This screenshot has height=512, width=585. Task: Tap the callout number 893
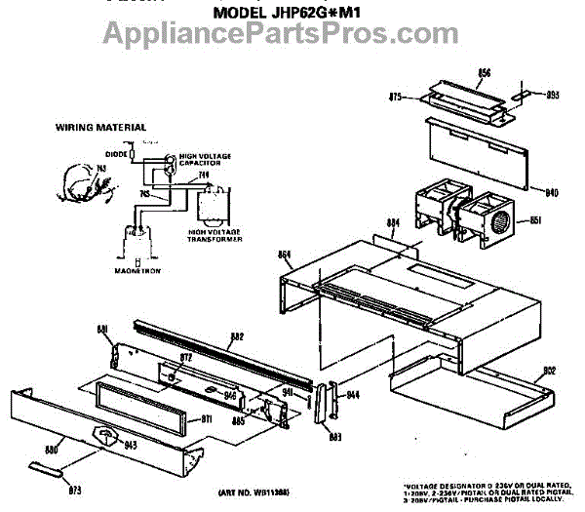[551, 96]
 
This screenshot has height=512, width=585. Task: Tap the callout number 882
[236, 337]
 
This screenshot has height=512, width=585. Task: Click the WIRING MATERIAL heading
[100, 127]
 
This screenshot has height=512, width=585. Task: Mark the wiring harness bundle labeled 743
[79, 185]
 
